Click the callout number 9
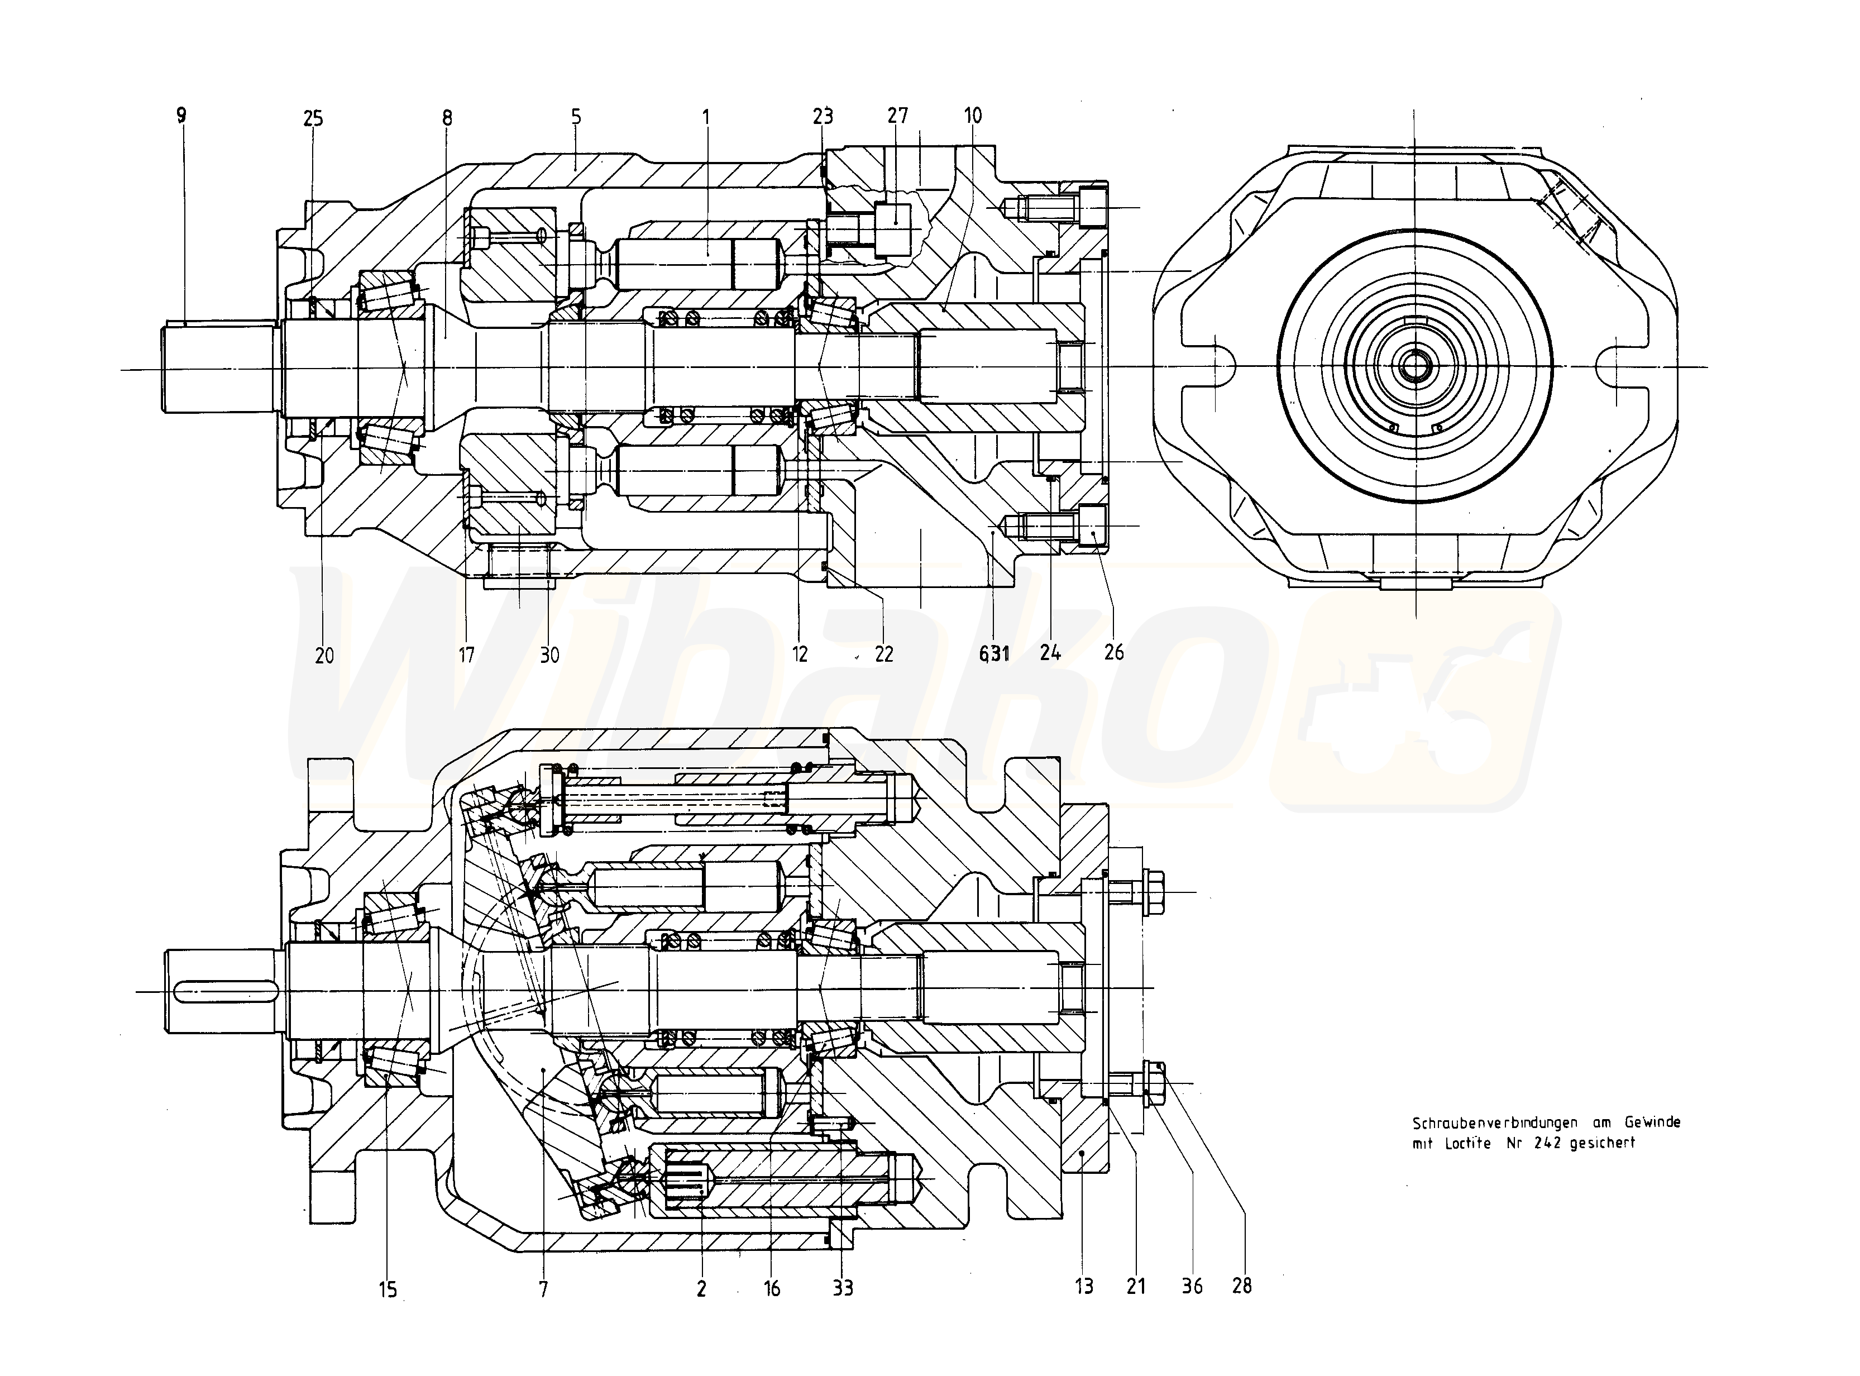click(181, 115)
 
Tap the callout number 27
click(898, 115)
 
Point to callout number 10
click(973, 115)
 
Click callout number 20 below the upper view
click(324, 656)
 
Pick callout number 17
click(466, 656)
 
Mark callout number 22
click(884, 654)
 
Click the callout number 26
click(1113, 652)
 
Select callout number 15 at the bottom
click(388, 1290)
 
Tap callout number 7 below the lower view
click(543, 1290)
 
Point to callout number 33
click(843, 1288)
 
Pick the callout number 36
click(1192, 1287)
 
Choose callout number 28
click(1242, 1286)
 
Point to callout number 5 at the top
click(576, 117)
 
